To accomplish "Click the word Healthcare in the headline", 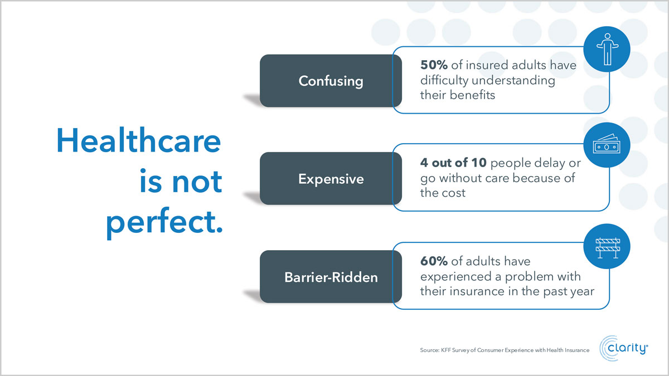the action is coord(139,140).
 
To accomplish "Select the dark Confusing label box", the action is coord(331,81).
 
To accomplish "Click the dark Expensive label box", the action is coord(331,178).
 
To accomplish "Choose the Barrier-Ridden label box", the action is coord(331,277).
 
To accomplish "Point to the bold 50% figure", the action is coord(434,65).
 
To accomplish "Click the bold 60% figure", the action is coord(434,261).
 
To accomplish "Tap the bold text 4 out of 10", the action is coord(453,163).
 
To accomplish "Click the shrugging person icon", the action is coord(607,49).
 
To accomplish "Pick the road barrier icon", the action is coord(608,248).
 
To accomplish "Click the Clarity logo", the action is coord(624,348).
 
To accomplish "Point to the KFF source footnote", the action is coord(505,350).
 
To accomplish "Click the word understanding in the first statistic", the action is coord(513,81).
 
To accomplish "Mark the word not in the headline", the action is coord(197,182).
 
